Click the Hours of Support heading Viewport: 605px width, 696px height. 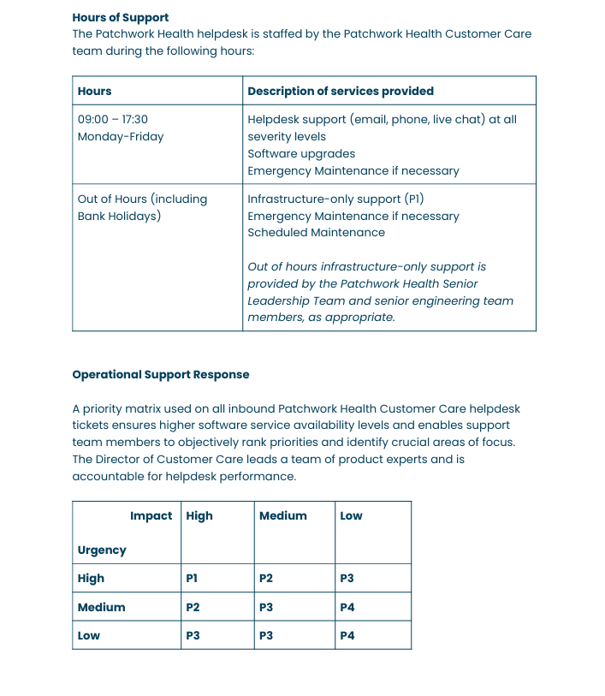(x=121, y=17)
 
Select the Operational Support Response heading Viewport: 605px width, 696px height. (x=161, y=374)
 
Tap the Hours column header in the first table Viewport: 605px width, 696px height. (x=95, y=91)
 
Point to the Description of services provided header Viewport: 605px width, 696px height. (x=341, y=91)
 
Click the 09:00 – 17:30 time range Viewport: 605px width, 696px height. (x=113, y=120)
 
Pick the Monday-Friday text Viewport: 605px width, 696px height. (x=121, y=137)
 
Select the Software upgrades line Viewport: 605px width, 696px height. (x=301, y=154)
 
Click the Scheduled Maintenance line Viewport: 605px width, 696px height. (x=316, y=233)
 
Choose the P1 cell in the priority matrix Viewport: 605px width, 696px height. (x=192, y=579)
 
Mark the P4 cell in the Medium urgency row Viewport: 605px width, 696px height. (x=347, y=608)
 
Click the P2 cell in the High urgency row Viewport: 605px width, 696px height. (x=265, y=579)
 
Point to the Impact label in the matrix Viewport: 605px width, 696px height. (x=151, y=516)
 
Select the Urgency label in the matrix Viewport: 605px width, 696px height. (x=102, y=550)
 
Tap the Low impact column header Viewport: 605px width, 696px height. (x=351, y=516)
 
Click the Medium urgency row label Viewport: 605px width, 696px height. (x=101, y=608)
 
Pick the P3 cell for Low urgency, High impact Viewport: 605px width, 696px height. (x=193, y=636)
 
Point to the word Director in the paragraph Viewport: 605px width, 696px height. (x=122, y=460)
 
